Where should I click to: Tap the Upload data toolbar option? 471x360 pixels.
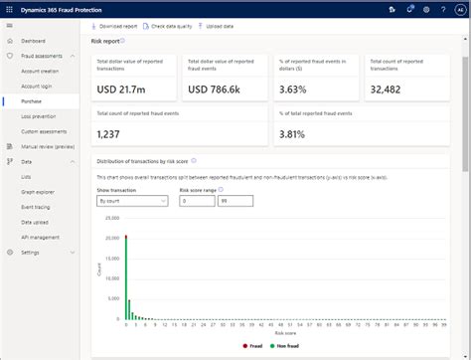tap(222, 25)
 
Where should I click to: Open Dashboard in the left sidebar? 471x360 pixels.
tap(33, 41)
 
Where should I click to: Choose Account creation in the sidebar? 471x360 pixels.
tap(39, 71)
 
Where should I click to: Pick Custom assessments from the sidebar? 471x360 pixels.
tap(43, 131)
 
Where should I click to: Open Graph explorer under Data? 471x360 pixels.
tap(38, 191)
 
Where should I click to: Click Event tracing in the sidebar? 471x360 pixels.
tap(36, 207)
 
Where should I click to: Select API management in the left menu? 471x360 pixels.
tap(40, 237)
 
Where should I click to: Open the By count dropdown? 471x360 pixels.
tap(131, 200)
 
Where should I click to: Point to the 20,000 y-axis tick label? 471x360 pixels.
tap(110, 217)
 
